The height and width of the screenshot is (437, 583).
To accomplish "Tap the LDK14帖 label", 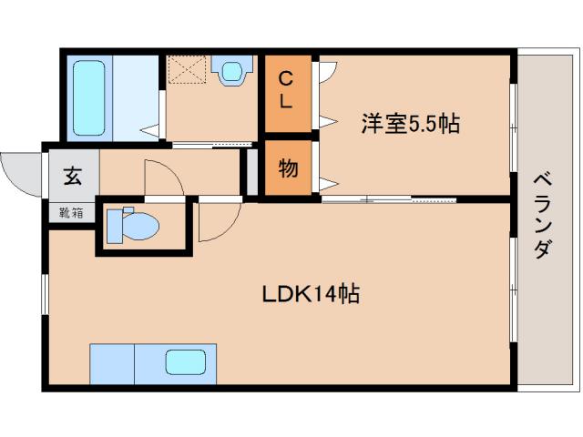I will [x=310, y=294].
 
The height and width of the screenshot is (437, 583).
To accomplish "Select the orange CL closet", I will [x=285, y=90].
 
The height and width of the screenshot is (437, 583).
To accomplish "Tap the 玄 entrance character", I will [x=71, y=176].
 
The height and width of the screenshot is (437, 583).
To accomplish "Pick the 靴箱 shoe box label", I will [x=71, y=214].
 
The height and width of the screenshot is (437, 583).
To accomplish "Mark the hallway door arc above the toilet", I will [x=162, y=177].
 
